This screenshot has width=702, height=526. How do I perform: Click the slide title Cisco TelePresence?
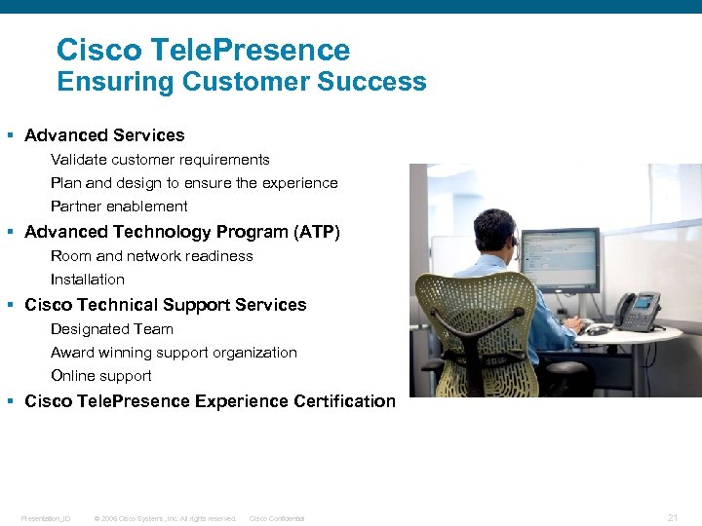203,50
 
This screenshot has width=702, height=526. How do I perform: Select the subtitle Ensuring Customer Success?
241,82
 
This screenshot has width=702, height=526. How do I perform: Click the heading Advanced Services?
104,135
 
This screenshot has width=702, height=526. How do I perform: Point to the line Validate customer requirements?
160,160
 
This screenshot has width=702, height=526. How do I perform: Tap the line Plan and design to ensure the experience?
194,183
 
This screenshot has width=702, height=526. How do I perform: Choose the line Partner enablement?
119,207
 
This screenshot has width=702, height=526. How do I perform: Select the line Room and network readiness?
151,256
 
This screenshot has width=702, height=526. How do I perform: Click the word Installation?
88,280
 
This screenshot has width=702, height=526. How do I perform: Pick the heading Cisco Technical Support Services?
165,305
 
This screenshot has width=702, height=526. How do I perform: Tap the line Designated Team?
111,329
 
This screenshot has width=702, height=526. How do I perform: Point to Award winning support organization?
174,353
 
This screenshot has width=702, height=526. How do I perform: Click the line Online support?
100,376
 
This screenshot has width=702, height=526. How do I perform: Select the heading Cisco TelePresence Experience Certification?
210,401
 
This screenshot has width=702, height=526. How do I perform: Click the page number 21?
672,518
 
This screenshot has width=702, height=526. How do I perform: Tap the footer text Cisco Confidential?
277,519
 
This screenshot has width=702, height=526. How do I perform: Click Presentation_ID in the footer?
45,519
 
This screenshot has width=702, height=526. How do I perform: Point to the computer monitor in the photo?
560,259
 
